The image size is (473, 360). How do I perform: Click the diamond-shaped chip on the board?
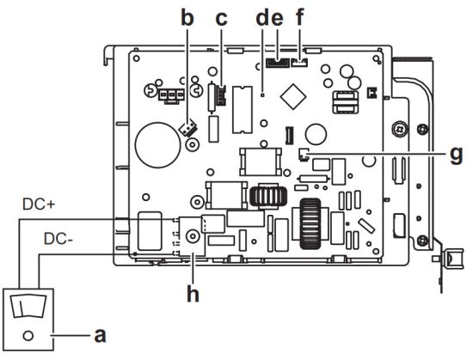295,93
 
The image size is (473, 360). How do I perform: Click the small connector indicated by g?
302,155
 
